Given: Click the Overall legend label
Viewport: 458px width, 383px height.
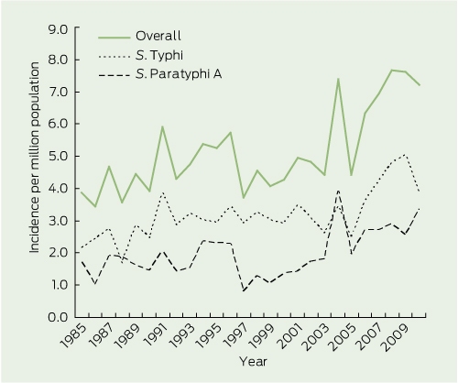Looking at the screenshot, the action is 158,36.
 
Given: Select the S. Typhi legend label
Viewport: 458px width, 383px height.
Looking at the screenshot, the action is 159,55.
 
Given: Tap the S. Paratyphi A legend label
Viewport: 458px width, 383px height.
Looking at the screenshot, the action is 179,74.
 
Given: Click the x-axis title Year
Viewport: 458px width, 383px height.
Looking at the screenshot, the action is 253,362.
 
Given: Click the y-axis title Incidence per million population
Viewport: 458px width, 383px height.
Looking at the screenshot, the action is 35,158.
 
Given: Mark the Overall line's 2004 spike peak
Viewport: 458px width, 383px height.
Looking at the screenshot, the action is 338,79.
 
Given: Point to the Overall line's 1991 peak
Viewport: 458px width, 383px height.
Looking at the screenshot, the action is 162,126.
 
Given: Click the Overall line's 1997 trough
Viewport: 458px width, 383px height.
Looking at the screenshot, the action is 244,198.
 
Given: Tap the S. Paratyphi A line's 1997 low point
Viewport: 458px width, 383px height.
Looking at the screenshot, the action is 244,291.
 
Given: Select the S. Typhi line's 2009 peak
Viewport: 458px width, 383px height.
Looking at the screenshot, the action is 405,154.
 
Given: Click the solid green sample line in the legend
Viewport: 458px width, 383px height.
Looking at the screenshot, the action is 114,38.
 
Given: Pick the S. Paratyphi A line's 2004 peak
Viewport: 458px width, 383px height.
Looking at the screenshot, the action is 338,191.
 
